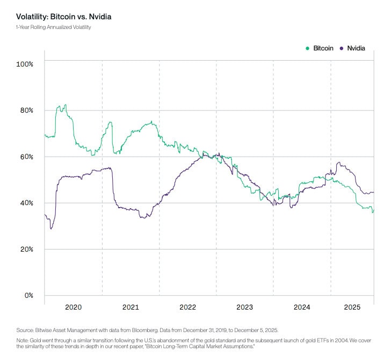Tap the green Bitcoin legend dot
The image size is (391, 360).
pos(308,48)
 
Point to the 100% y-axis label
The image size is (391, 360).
pos(25,64)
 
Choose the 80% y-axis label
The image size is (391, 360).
pos(25,111)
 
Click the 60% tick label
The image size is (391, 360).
pos(25,157)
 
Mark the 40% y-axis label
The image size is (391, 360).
pos(25,203)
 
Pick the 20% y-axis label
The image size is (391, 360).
pos(25,249)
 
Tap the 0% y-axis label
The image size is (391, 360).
pos(27,296)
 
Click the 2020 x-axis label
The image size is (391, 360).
pos(73,307)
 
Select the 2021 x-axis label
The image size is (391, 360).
pos(131,307)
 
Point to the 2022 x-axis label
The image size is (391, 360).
pos(187,307)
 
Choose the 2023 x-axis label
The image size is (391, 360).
pos(244,307)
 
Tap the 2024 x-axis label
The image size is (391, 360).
pos(302,307)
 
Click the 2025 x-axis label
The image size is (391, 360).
pos(352,307)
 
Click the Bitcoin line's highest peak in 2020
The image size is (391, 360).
pos(66,105)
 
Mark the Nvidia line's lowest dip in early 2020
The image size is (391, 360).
pos(51,229)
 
